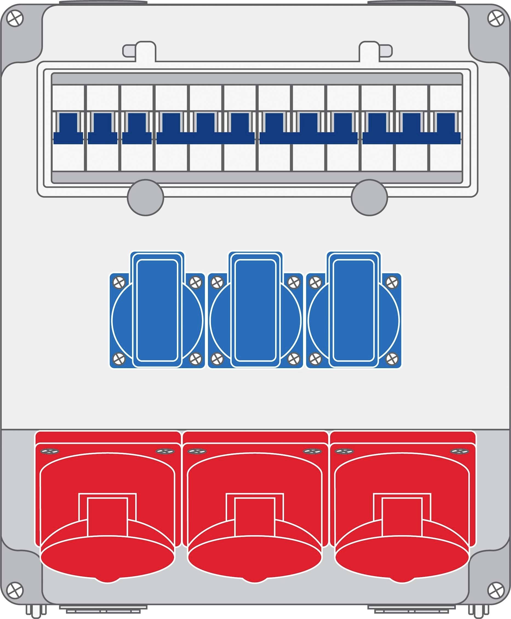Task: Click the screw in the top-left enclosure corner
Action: pos(15,19)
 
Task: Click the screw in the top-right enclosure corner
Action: pos(496,19)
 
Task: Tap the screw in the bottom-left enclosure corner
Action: pos(15,590)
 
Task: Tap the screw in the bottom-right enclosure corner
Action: pos(496,590)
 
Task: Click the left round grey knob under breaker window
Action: pos(145,197)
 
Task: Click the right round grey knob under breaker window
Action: pos(369,197)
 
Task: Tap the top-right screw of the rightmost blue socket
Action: pos(392,282)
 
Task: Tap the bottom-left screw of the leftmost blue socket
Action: pos(119,358)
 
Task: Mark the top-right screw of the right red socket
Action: pos(460,452)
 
